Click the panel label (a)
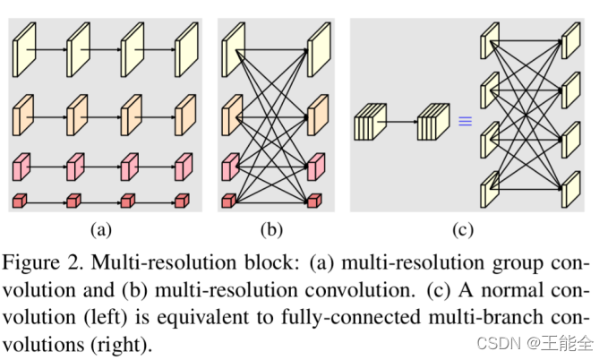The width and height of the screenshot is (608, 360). coord(101,229)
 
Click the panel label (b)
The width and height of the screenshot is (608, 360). coord(271,229)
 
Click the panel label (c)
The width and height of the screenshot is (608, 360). coord(463,229)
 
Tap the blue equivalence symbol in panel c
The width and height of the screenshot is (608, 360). coord(466,121)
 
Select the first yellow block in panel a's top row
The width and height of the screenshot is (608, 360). coord(24,49)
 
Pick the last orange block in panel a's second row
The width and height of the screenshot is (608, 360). coord(185,116)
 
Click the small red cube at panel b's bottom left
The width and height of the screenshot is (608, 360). coord(228,201)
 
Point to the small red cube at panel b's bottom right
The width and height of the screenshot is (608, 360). coord(314,201)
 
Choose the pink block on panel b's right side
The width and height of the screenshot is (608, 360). coord(316,167)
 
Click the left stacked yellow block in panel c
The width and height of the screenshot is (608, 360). coord(371,122)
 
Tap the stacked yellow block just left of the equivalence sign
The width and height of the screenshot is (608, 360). coord(433,122)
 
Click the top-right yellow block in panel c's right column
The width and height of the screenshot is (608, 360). coord(571,40)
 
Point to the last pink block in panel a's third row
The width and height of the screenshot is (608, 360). coord(184,167)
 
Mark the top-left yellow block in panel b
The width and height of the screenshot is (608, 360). coord(233,49)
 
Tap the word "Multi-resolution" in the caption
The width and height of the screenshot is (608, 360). coord(164,262)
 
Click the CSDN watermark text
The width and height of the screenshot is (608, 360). coord(535,343)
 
